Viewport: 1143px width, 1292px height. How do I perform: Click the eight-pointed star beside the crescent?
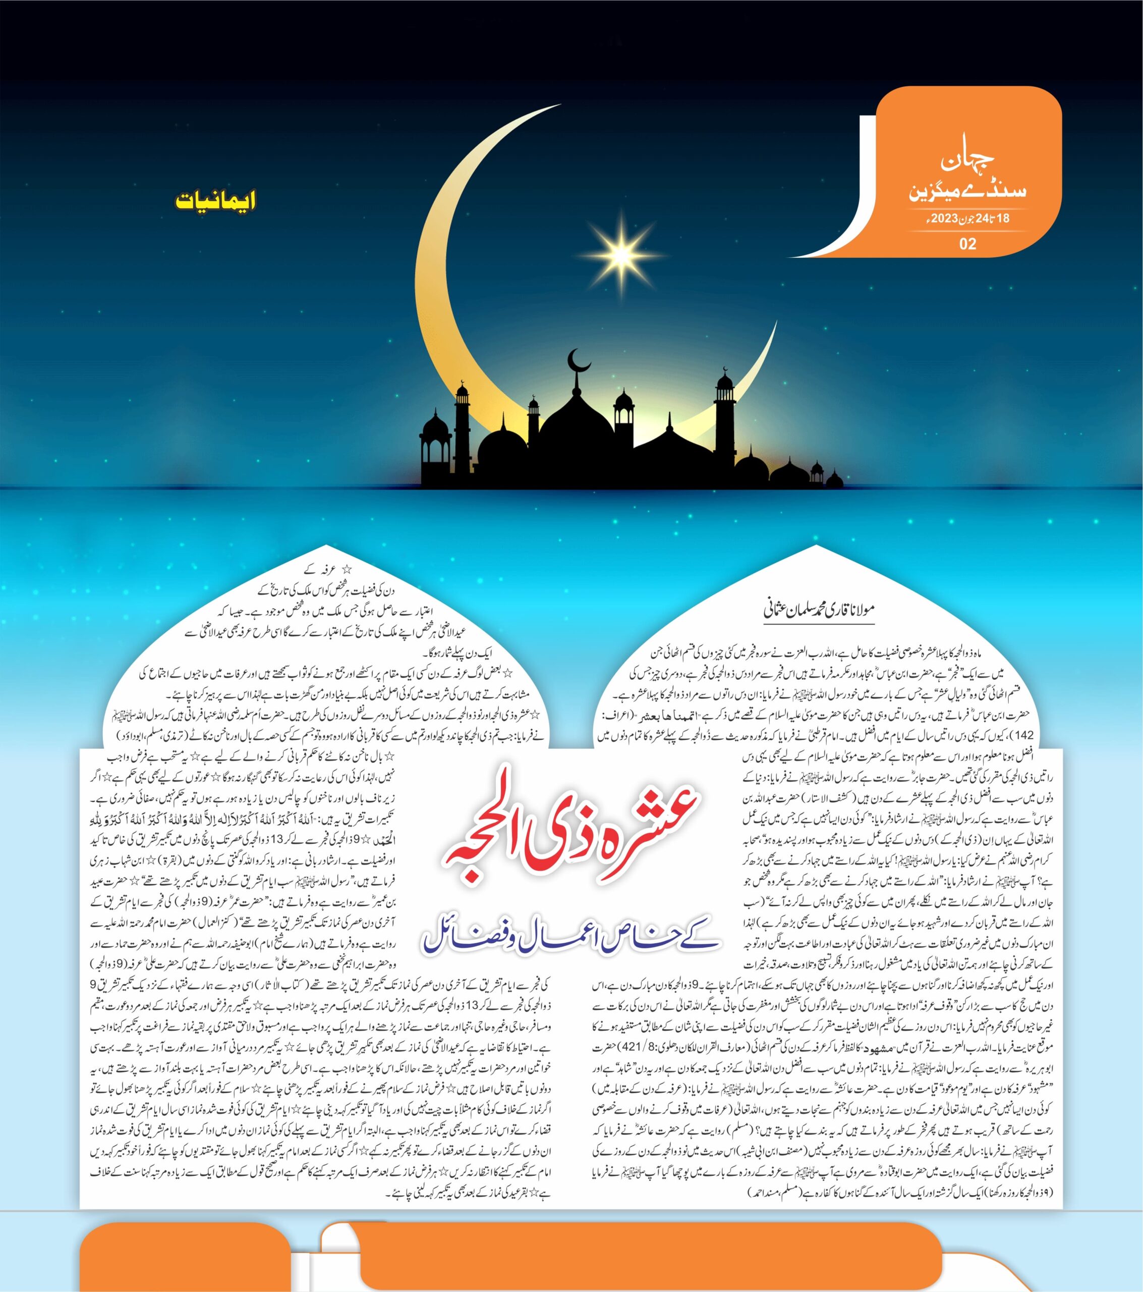(x=621, y=254)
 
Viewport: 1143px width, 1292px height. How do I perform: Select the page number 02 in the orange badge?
(x=967, y=243)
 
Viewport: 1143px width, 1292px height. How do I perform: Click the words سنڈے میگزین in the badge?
(x=967, y=191)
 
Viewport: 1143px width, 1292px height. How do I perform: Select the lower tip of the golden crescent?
(x=775, y=323)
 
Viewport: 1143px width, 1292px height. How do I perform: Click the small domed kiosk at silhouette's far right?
(x=834, y=478)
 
